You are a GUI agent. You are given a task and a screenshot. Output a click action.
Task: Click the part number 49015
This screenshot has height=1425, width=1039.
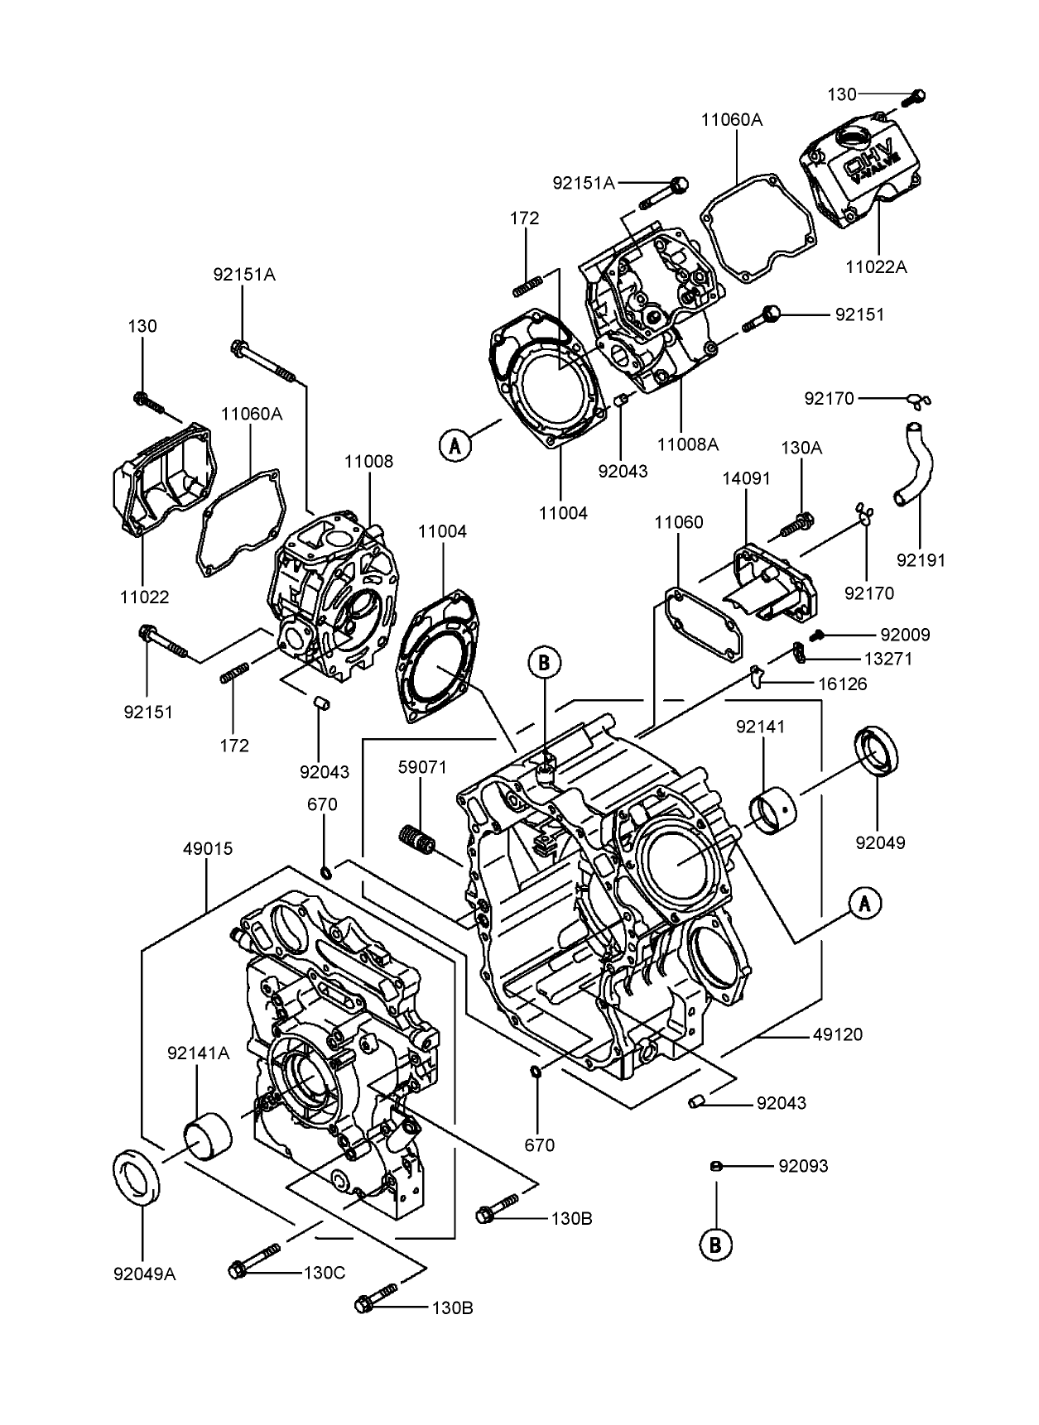[208, 849]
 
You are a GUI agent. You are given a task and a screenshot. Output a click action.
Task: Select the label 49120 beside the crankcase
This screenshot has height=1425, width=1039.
[837, 1034]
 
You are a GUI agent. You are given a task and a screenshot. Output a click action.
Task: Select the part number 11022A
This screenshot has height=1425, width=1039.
[876, 266]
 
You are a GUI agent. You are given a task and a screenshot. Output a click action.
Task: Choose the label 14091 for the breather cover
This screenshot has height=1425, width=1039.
[746, 478]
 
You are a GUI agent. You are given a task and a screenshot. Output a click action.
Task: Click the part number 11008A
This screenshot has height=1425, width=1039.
[687, 444]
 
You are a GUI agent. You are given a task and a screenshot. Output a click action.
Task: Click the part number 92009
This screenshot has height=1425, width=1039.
[905, 635]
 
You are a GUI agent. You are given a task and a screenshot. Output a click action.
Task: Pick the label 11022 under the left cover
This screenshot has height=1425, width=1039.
[143, 596]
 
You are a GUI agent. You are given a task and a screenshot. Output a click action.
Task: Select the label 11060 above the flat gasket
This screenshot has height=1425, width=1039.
[679, 522]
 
